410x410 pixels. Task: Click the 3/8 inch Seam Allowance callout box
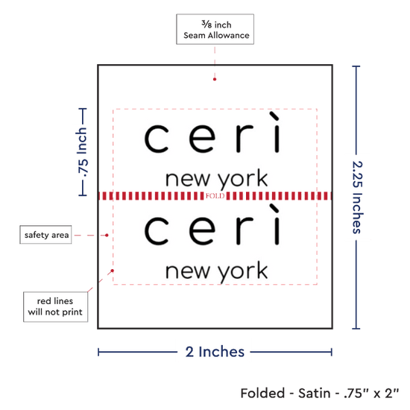[x=215, y=29]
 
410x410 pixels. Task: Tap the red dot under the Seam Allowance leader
[x=215, y=79]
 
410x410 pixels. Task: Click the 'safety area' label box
[x=45, y=235]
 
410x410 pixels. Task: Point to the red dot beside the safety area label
[x=107, y=236]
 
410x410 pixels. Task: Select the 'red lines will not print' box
[x=55, y=306]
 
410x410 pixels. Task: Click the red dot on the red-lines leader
[x=113, y=271]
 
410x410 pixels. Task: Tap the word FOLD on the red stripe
[x=215, y=196]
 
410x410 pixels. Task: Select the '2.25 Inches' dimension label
[x=357, y=197]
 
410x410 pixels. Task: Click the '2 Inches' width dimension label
[x=215, y=352]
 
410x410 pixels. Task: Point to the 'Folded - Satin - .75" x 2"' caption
[x=320, y=394]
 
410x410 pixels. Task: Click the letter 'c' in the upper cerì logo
[x=157, y=139]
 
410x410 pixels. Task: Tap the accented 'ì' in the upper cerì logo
[x=276, y=132]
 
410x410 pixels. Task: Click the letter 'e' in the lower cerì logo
[x=202, y=231]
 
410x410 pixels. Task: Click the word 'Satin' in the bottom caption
[x=315, y=394]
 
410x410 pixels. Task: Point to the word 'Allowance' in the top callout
[x=229, y=35]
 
